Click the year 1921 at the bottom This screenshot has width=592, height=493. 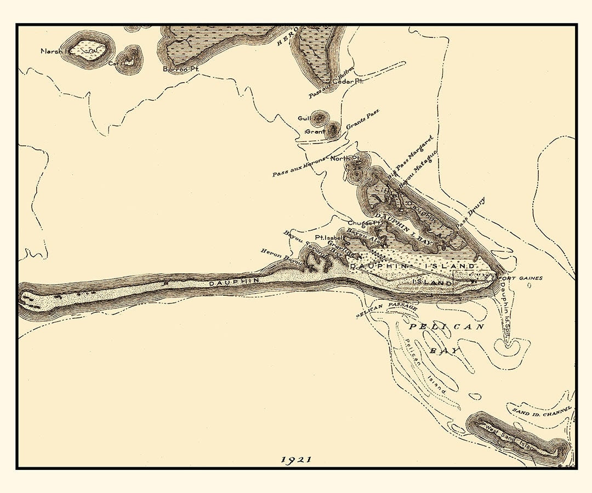(296, 460)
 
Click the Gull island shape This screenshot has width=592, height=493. (318, 117)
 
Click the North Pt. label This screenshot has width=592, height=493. (345, 158)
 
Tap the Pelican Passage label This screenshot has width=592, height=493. (387, 309)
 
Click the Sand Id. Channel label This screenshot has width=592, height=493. (541, 410)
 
